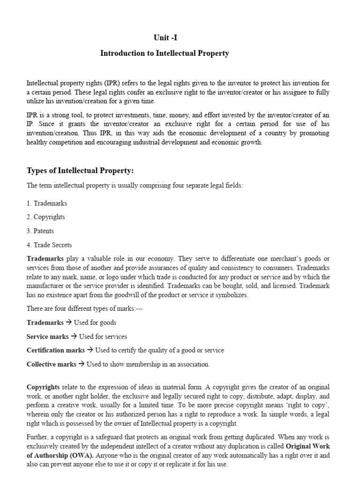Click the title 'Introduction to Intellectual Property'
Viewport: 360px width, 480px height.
pos(165,53)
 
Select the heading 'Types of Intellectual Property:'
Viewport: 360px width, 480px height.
pos(83,170)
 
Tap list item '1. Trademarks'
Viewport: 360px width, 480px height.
pos(47,203)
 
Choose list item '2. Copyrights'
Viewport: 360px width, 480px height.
pos(46,217)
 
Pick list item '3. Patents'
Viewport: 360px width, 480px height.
pos(40,231)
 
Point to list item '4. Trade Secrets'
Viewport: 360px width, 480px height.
pos(49,245)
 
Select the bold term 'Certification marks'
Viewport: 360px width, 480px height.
pos(56,350)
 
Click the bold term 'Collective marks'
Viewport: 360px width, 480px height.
pos(51,364)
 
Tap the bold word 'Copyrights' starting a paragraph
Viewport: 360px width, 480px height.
pos(43,387)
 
